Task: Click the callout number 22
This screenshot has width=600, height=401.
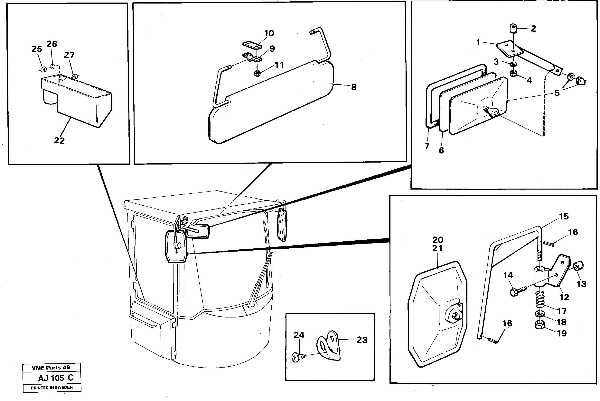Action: pyautogui.click(x=59, y=140)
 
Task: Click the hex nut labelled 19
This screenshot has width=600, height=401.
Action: pyautogui.click(x=540, y=325)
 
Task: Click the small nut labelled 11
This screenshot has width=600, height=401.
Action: pyautogui.click(x=257, y=73)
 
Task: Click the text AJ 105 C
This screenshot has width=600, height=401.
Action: pyautogui.click(x=56, y=378)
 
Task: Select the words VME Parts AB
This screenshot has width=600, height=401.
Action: pyautogui.click(x=51, y=368)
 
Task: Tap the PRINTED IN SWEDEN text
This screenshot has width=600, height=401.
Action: pyautogui.click(x=52, y=388)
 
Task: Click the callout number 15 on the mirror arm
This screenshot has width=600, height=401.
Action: pyautogui.click(x=564, y=217)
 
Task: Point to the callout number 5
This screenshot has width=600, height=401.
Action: pyautogui.click(x=557, y=93)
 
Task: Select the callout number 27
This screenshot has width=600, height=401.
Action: pyautogui.click(x=69, y=55)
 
